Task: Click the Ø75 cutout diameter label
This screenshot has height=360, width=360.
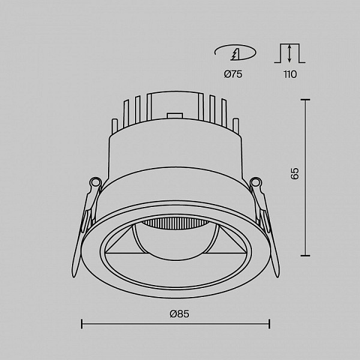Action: pyautogui.click(x=233, y=74)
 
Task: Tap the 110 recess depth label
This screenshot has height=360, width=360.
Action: pyautogui.click(x=290, y=74)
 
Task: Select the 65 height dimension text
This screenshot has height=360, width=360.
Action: pyautogui.click(x=295, y=173)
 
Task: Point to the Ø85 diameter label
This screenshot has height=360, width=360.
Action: pyautogui.click(x=179, y=314)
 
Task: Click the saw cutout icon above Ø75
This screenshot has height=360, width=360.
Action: pyautogui.click(x=235, y=53)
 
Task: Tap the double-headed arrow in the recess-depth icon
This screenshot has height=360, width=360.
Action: pyautogui.click(x=290, y=53)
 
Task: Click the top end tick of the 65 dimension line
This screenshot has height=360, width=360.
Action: pyautogui.click(x=305, y=100)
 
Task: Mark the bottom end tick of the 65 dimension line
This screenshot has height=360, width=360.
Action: pyautogui.click(x=305, y=256)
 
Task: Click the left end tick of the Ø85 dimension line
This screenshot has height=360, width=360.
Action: pyautogui.click(x=82, y=324)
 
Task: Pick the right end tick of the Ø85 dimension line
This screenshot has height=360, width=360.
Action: pyautogui.click(x=269, y=324)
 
